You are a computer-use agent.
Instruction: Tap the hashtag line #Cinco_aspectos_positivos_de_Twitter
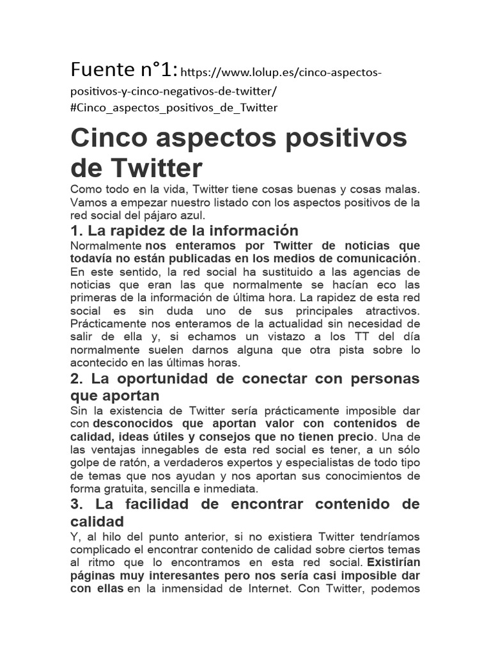pyautogui.click(x=174, y=107)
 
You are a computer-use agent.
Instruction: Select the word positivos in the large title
pyautogui.click(x=346, y=138)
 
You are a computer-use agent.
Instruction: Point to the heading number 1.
pyautogui.click(x=75, y=230)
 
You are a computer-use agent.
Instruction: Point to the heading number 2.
pyautogui.click(x=76, y=379)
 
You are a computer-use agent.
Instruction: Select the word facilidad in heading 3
pyautogui.click(x=157, y=505)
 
